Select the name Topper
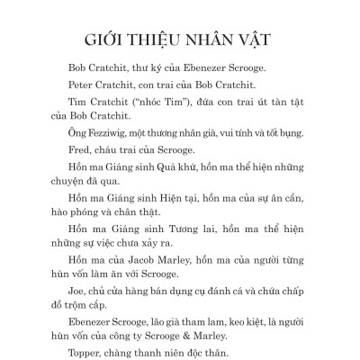[x=85, y=342]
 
